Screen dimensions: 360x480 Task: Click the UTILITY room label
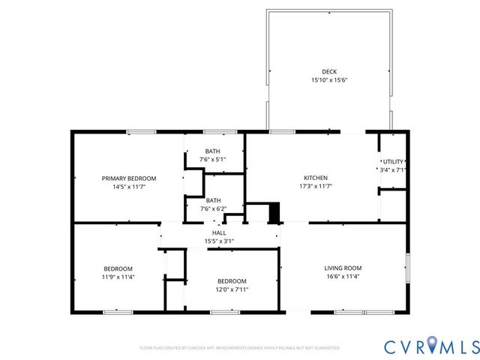393,162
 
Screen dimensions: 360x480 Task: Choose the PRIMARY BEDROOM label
129,178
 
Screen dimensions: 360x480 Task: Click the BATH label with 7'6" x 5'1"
213,151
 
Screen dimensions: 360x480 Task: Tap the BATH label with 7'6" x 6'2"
213,200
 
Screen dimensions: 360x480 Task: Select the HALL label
219,233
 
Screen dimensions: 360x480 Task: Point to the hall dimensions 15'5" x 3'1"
219,241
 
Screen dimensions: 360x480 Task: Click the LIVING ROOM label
343,268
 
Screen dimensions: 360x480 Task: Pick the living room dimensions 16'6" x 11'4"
343,276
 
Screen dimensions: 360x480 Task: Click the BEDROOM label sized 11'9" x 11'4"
118,268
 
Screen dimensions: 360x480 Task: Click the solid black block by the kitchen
274,213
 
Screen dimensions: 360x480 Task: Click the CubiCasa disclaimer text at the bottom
240,348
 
